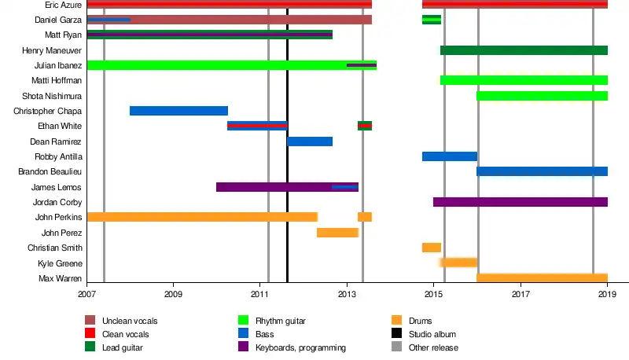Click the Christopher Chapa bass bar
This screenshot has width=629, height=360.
178,111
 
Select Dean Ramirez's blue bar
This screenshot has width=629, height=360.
309,141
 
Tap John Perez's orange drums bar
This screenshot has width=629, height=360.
337,233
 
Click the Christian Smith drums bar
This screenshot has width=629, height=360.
431,248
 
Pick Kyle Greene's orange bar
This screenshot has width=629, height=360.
458,263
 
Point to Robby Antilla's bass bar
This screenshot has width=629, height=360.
449,156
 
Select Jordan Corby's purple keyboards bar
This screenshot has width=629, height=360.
520,202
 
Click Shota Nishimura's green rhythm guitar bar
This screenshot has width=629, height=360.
542,96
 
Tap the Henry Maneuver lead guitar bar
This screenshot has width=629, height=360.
524,50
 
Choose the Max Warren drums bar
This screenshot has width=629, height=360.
542,278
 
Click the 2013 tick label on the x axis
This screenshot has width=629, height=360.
347,294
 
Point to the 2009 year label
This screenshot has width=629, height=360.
173,294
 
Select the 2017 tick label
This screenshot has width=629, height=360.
520,294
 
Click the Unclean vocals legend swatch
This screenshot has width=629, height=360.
90,320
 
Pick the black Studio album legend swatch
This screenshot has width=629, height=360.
396,334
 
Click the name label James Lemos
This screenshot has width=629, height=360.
57,187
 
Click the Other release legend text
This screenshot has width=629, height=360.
433,347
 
